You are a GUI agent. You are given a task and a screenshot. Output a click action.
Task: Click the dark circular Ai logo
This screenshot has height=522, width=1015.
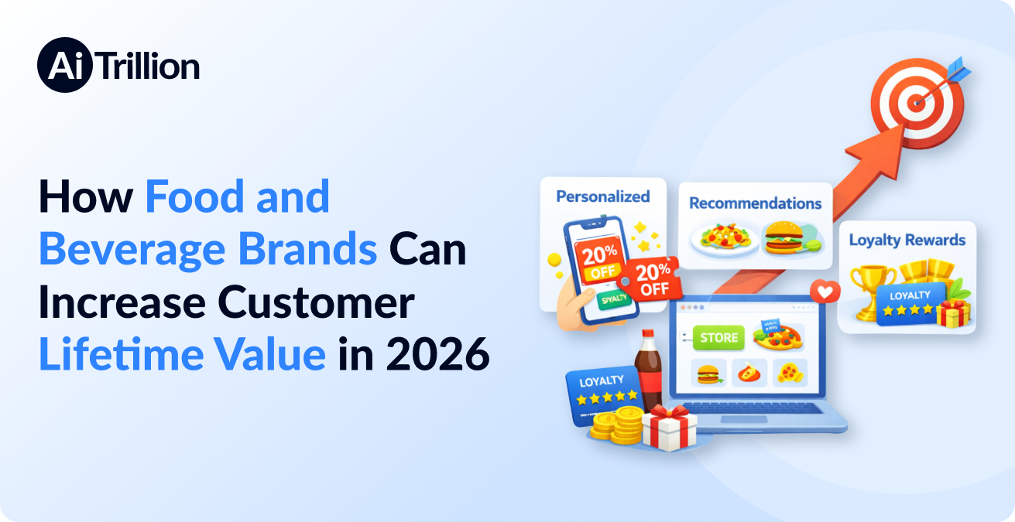click(65, 65)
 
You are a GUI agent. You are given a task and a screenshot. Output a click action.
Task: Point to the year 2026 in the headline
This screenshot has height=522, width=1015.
click(438, 355)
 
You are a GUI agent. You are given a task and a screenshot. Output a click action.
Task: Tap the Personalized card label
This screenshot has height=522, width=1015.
click(602, 196)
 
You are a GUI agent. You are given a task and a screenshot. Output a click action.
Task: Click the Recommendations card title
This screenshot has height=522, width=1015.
click(755, 203)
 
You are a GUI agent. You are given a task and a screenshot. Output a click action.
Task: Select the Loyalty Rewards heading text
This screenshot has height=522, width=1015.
click(907, 240)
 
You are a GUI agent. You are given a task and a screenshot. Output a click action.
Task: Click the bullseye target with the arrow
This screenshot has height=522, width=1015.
click(917, 101)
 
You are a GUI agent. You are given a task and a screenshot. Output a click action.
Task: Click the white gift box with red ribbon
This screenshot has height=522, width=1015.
click(670, 428)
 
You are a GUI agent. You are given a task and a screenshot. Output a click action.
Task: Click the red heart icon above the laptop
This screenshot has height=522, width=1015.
click(825, 292)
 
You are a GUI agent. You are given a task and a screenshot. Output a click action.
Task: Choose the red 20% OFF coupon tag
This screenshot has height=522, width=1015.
click(654, 278)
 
